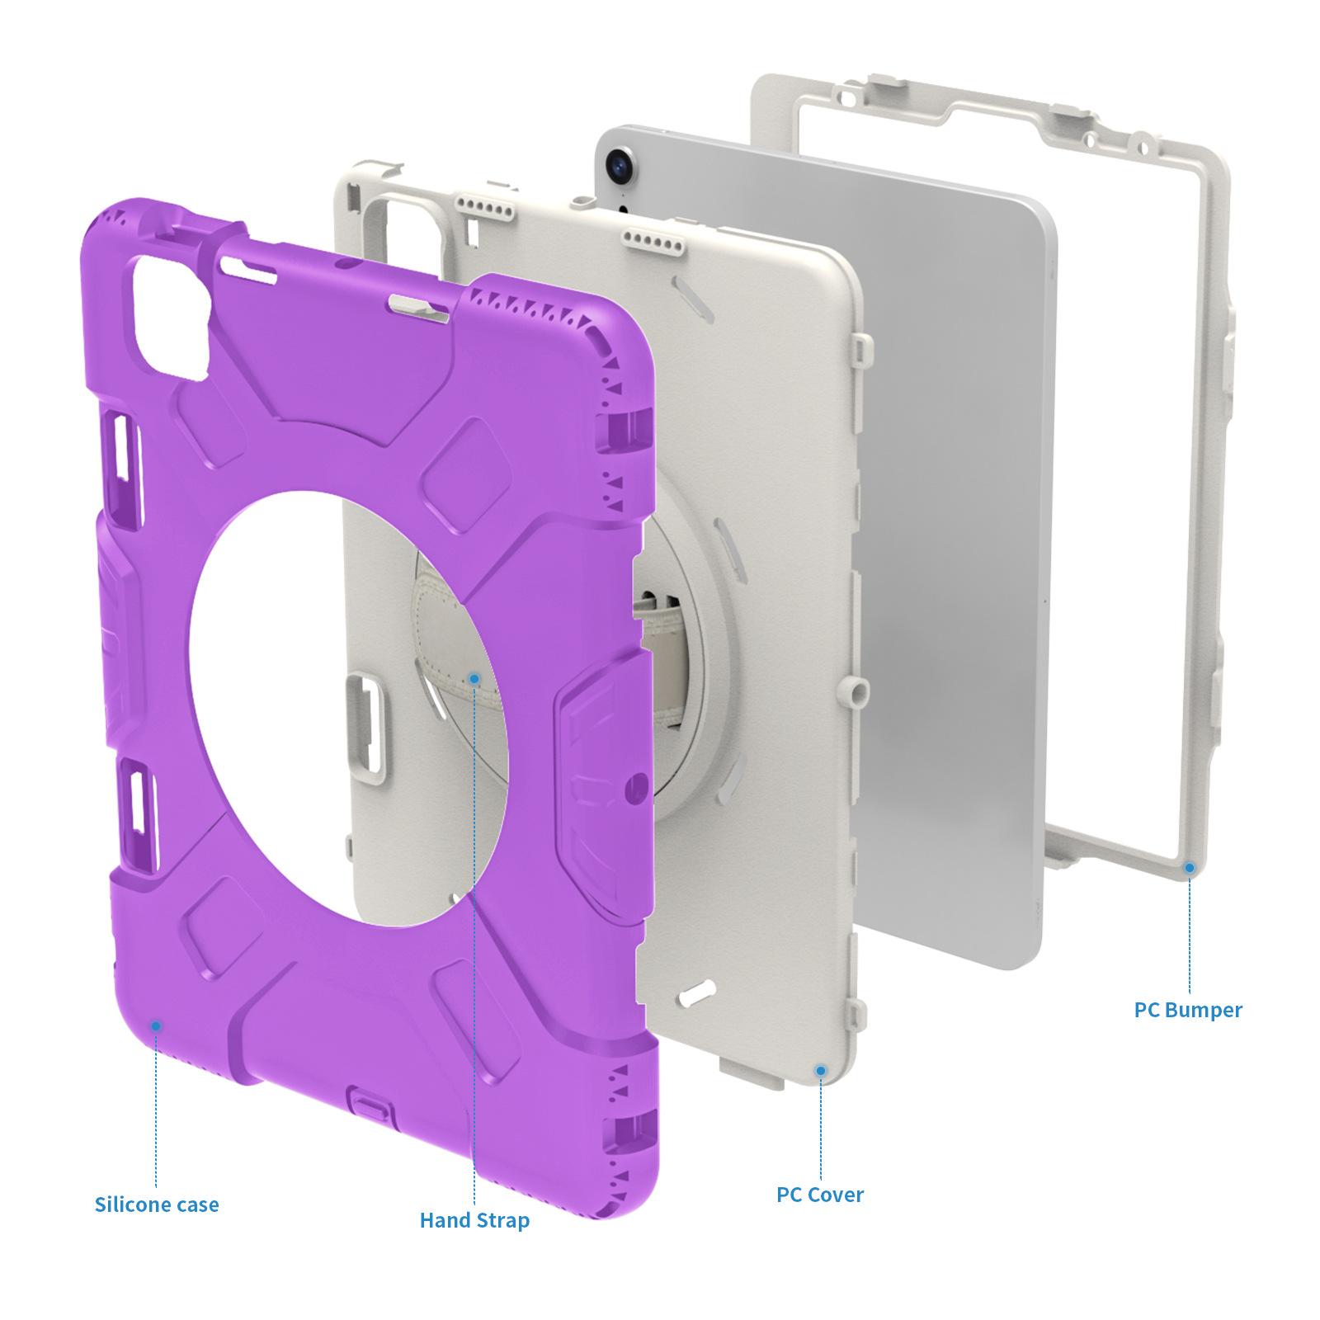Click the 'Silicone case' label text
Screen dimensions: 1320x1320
tap(157, 1204)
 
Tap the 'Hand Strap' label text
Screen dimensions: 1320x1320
tap(474, 1220)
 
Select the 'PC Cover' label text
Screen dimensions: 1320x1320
tap(820, 1194)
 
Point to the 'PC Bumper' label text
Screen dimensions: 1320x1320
tap(1188, 1009)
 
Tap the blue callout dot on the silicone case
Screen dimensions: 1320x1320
tap(156, 1025)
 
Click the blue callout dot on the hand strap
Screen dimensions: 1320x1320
tap(474, 678)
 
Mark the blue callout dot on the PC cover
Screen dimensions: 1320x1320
tap(820, 1070)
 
